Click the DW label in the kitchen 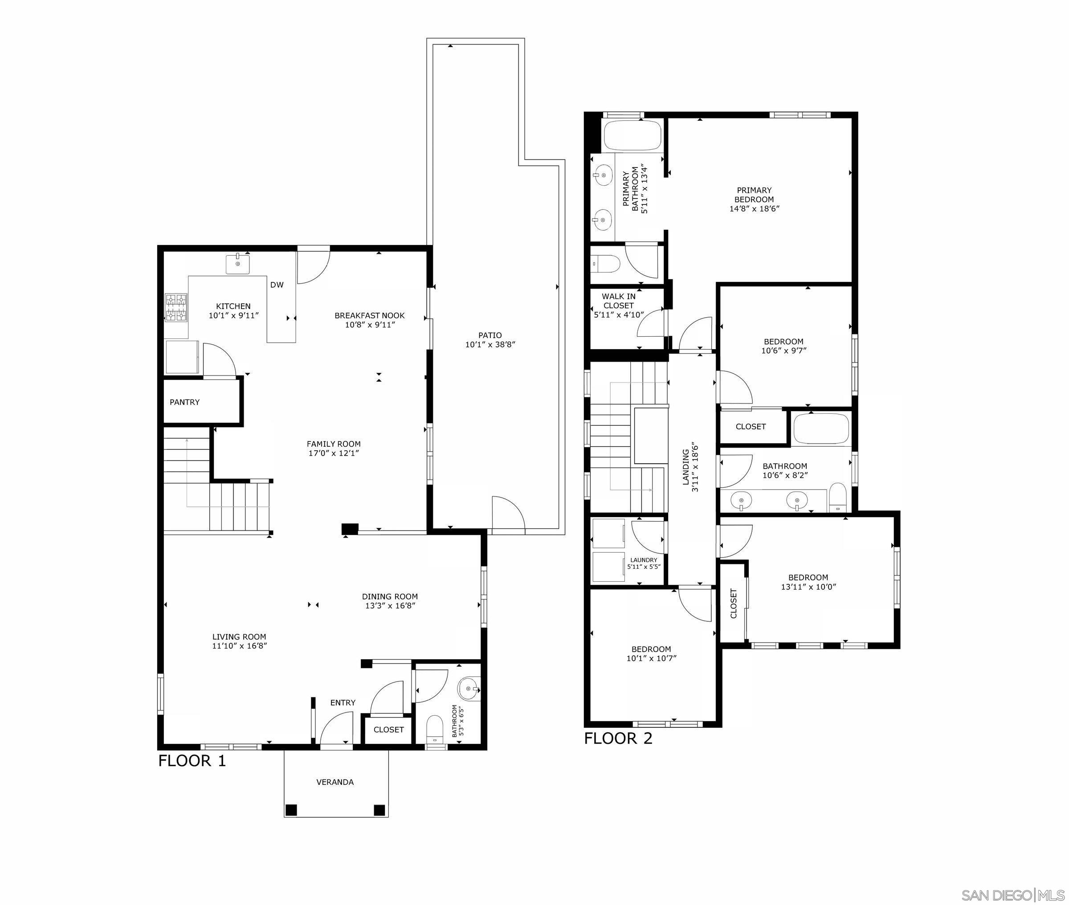277,285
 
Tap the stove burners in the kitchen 175,307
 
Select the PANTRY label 185,402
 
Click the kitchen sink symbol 238,264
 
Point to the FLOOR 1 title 192,761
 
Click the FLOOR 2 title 618,738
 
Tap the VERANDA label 335,782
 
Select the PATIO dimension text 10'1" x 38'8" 490,345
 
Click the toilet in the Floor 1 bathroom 434,729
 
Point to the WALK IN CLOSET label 618,301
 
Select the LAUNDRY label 643,560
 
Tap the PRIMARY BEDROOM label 754,195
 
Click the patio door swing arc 508,513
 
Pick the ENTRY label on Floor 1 343,702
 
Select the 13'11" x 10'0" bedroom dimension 808,587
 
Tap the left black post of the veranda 291,810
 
